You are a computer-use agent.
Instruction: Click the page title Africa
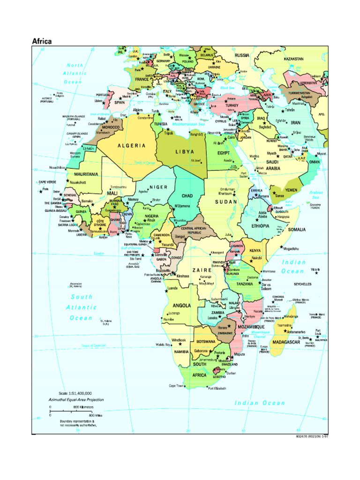(42, 41)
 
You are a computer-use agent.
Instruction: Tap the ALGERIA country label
(131, 146)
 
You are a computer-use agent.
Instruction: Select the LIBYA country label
(185, 151)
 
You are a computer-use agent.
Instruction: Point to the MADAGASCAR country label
(286, 342)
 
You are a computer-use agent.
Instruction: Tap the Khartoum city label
(225, 193)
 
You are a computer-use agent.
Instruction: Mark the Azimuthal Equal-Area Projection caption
(76, 400)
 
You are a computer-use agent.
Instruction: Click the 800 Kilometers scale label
(83, 407)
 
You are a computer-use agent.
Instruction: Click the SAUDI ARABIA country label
(273, 165)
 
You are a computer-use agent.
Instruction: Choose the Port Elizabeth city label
(217, 389)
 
